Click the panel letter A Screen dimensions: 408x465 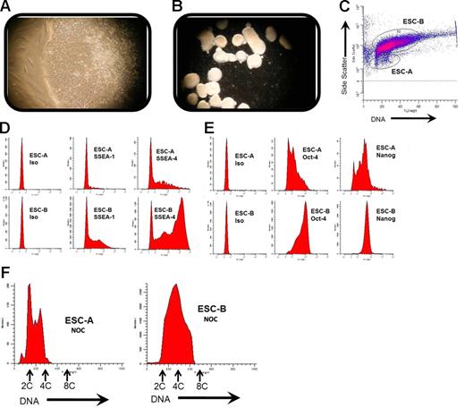8,8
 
